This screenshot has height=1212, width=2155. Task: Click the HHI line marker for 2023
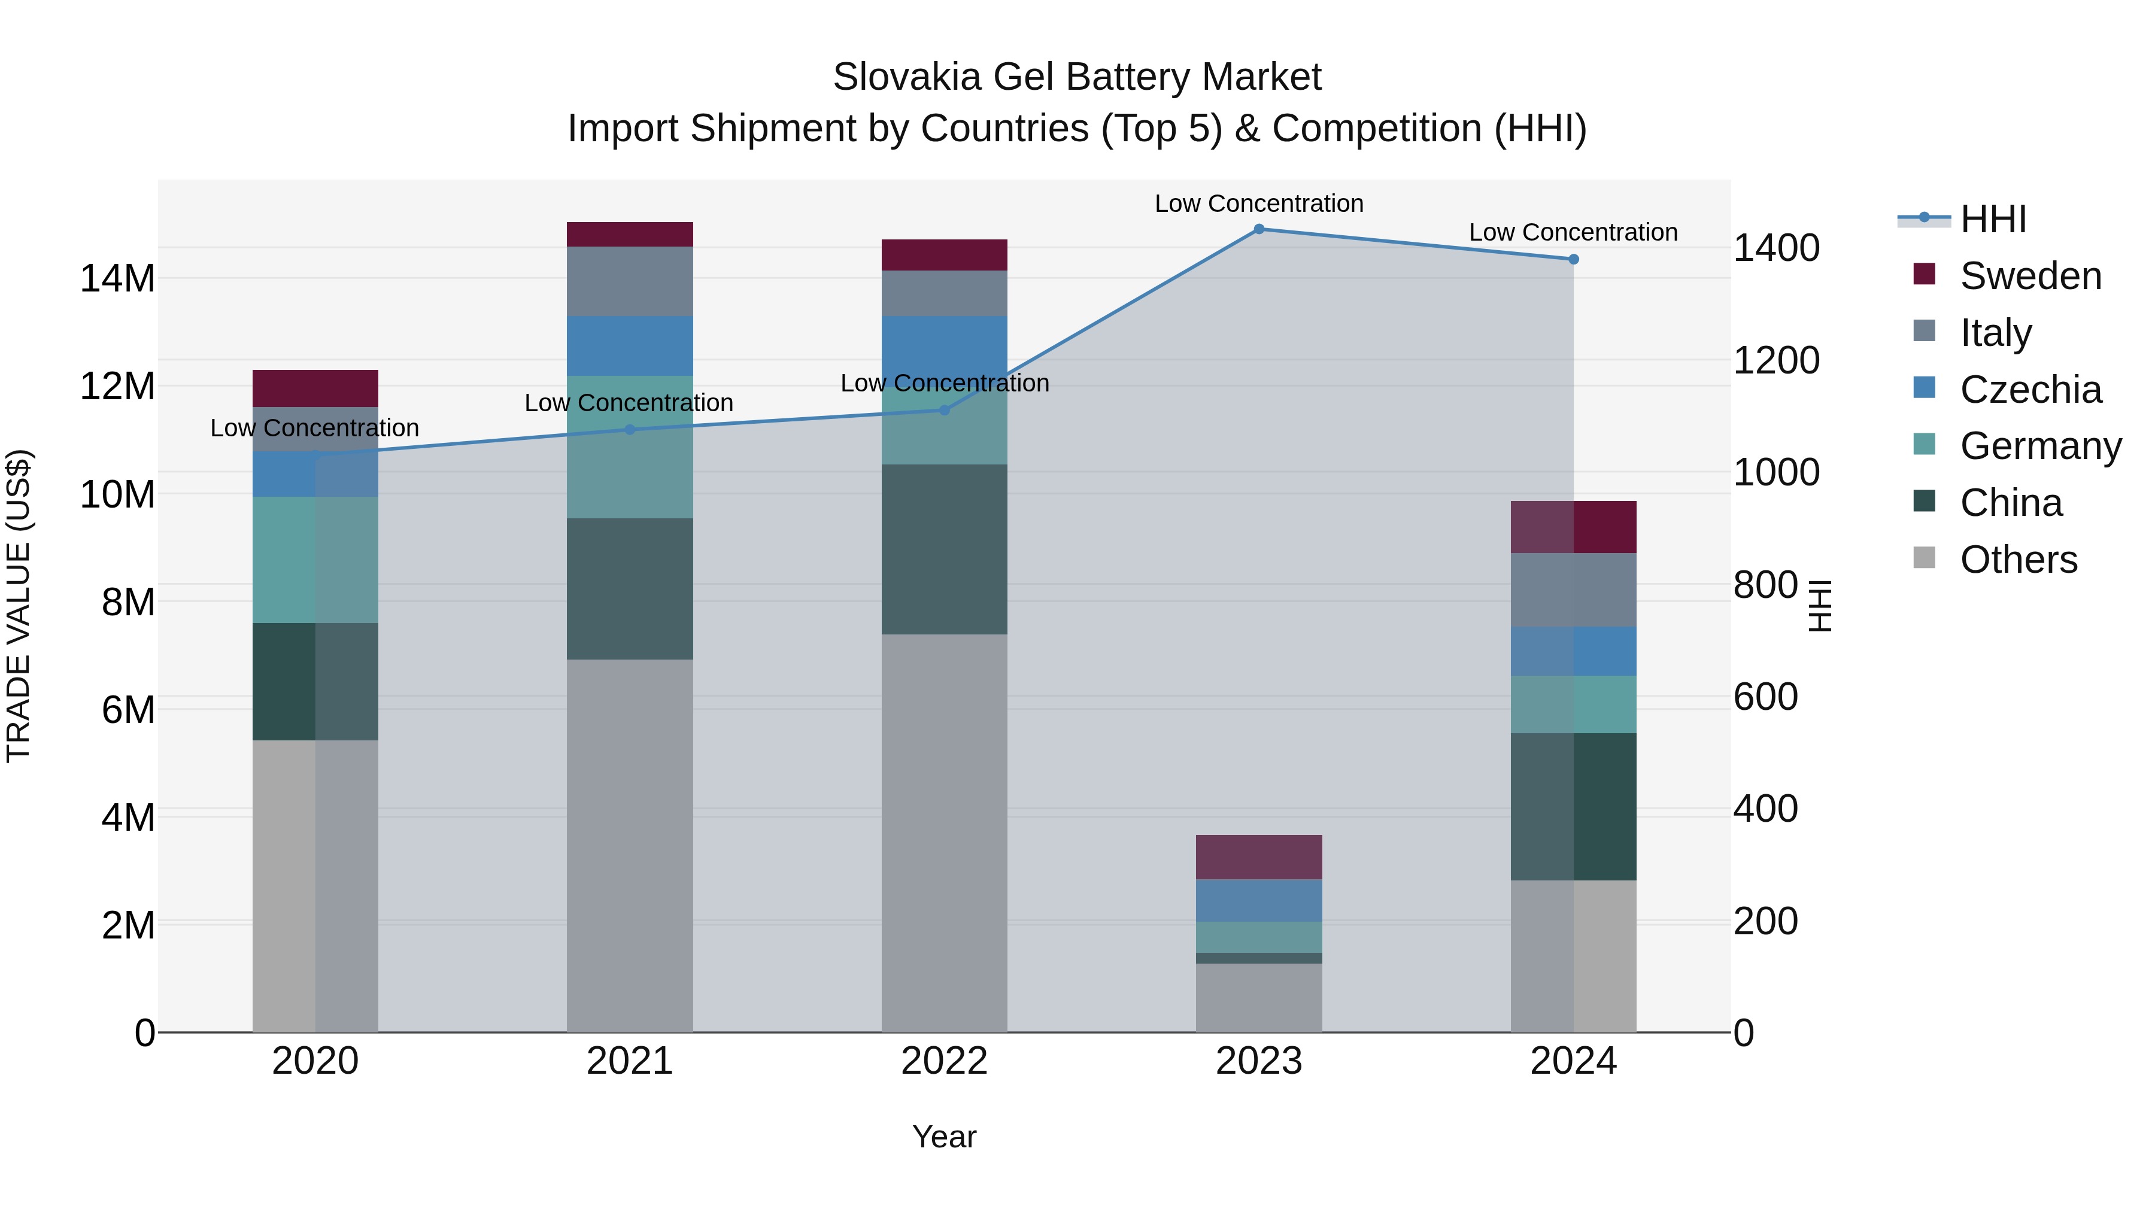(x=1258, y=229)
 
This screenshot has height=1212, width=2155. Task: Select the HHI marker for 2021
(x=630, y=430)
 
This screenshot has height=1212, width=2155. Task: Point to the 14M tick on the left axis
(x=117, y=278)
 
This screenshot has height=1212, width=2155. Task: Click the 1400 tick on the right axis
(x=1775, y=248)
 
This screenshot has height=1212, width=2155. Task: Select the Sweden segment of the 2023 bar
(x=1258, y=856)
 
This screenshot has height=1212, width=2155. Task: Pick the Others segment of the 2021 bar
(x=630, y=845)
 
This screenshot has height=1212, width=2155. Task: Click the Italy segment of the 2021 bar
(x=630, y=281)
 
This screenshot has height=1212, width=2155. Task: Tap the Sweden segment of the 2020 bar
(x=315, y=388)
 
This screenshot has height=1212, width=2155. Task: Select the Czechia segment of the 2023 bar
(x=1258, y=900)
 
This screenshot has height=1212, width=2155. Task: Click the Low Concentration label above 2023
(x=1258, y=204)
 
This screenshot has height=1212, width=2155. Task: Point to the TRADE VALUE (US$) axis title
(x=19, y=606)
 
